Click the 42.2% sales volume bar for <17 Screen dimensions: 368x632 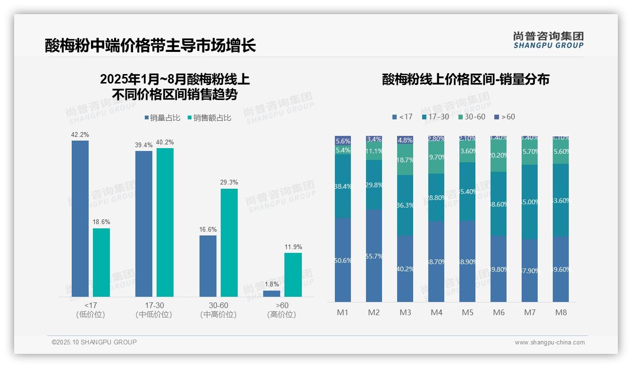tap(80, 218)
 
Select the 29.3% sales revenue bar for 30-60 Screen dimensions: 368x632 tap(229, 243)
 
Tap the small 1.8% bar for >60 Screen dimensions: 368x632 tap(272, 293)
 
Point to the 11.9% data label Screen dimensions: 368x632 tap(293, 247)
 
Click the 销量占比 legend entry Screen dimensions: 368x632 tap(162, 118)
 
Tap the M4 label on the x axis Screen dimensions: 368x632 tap(436, 312)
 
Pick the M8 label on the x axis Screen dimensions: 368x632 tap(561, 312)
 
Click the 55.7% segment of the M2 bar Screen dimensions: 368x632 tap(374, 256)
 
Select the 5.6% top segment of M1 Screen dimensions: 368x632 tap(343, 141)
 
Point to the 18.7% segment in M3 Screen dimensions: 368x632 tap(405, 159)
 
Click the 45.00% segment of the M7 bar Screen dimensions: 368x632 tap(530, 202)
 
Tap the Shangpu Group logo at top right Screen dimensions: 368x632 tap(548, 40)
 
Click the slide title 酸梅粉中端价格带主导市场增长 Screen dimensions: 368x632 tap(150, 45)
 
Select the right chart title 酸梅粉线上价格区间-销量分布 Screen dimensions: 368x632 tap(466, 79)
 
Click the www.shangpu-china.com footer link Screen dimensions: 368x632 tap(549, 343)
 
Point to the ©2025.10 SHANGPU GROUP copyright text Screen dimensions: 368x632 tap(94, 342)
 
